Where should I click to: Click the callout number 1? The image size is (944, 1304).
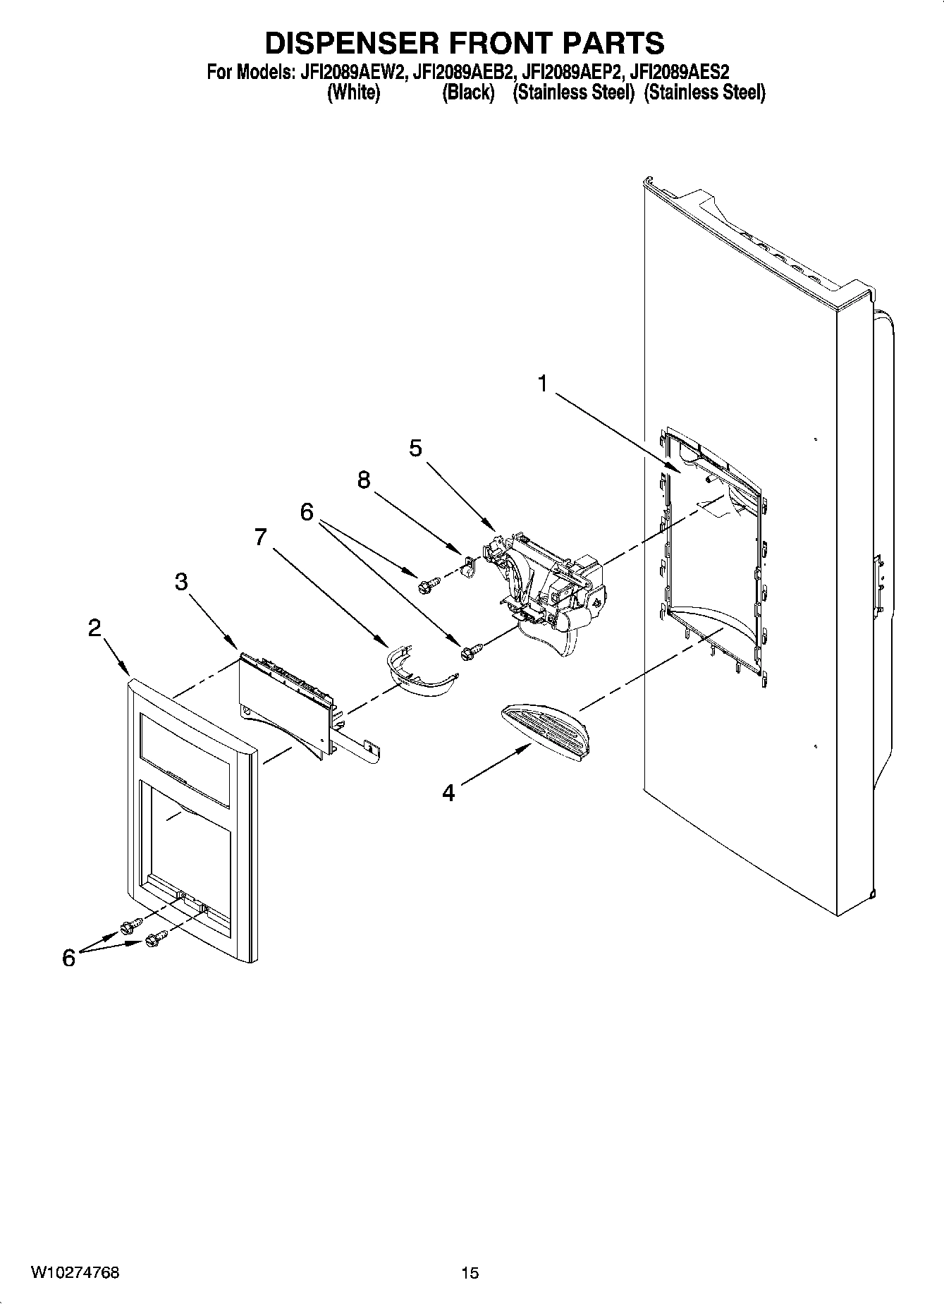click(x=542, y=384)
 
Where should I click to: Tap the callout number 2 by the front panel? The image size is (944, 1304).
click(x=94, y=628)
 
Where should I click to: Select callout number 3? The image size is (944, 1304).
click(x=181, y=582)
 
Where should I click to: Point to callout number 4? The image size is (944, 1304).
click(x=448, y=792)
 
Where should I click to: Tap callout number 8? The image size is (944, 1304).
click(x=363, y=480)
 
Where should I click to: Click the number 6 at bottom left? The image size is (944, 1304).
click(x=68, y=957)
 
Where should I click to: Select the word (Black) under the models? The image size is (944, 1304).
click(x=467, y=93)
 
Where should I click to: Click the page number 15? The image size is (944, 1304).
click(x=470, y=1272)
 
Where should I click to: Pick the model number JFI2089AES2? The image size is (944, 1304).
click(x=680, y=71)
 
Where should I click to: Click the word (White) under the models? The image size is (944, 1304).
click(x=354, y=93)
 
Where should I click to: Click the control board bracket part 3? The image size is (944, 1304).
click(x=282, y=705)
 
